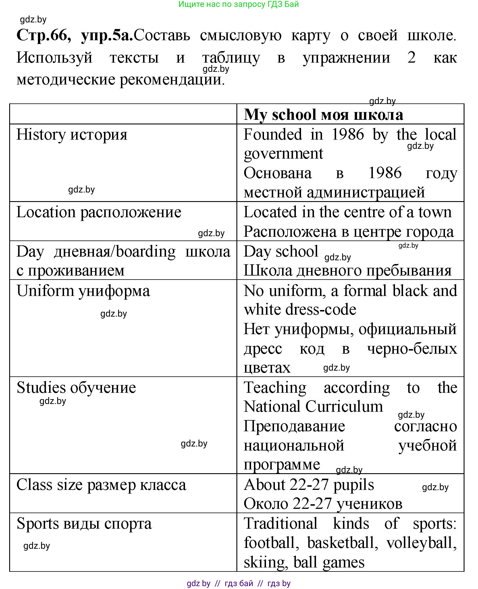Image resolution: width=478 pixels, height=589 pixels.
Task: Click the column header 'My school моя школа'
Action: (x=323, y=115)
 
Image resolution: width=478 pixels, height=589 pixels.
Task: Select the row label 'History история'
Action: (x=72, y=134)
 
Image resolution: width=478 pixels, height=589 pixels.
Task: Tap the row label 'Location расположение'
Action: (x=99, y=212)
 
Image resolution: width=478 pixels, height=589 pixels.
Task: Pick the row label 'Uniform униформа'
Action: (x=83, y=291)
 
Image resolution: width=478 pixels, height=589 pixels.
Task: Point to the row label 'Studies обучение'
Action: (x=76, y=388)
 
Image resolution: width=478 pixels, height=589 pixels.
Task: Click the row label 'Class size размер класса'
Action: (x=101, y=485)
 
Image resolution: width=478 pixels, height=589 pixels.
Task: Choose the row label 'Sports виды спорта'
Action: (x=84, y=523)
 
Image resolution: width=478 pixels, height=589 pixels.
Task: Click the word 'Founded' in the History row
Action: (x=273, y=134)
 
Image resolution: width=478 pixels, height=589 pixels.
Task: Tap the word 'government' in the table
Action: (x=283, y=153)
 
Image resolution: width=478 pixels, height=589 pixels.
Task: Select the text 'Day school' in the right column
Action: (x=281, y=251)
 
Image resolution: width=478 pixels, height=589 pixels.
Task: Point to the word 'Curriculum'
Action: (x=344, y=407)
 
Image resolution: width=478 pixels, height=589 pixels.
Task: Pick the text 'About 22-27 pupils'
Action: (x=309, y=485)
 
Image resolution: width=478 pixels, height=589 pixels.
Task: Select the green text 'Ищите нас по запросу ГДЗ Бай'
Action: (x=238, y=4)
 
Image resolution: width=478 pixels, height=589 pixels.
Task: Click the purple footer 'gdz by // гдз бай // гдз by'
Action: (x=238, y=583)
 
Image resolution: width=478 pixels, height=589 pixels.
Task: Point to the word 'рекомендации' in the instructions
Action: (x=171, y=80)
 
